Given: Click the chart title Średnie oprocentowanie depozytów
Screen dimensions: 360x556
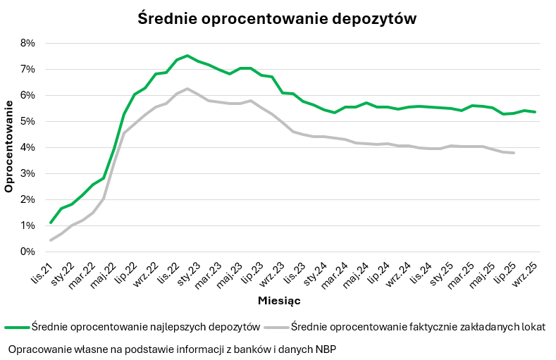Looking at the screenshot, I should [x=277, y=19].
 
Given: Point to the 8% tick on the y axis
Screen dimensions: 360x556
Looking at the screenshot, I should [x=27, y=43].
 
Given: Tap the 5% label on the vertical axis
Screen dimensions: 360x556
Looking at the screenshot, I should [x=27, y=121].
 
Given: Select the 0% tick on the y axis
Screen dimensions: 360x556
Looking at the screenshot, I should [x=27, y=252].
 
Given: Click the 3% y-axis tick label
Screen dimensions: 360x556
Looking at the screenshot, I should [x=27, y=173].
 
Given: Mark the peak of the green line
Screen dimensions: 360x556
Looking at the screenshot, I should [x=187, y=56].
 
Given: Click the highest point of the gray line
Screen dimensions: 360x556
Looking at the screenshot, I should [x=187, y=89].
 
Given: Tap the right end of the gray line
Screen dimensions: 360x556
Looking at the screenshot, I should [x=514, y=153].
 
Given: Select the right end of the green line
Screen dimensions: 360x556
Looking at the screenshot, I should [x=535, y=112].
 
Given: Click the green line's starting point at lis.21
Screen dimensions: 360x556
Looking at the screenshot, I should [x=51, y=223].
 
